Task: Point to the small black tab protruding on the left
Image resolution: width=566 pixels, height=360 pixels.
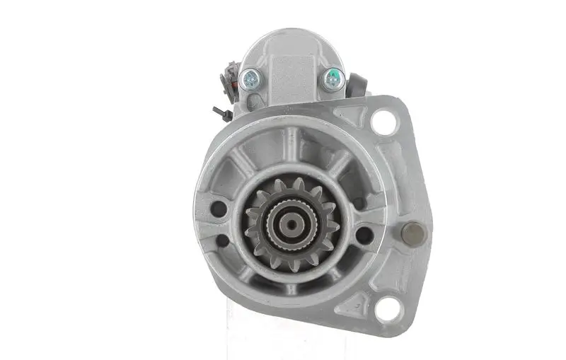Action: (219, 112)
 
